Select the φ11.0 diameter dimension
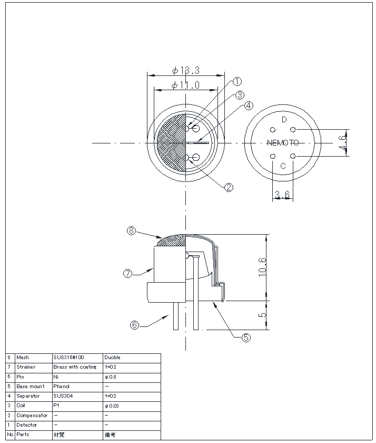(x=185, y=85)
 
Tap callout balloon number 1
(x=237, y=82)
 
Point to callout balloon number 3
(x=240, y=95)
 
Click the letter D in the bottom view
(x=284, y=119)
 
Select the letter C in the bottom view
(x=283, y=166)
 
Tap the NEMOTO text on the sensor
(x=283, y=142)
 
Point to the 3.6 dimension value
(x=282, y=195)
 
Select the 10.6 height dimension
(x=263, y=267)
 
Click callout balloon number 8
(x=132, y=230)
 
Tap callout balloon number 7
(x=127, y=273)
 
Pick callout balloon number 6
(x=135, y=325)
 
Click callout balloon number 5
(x=246, y=338)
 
